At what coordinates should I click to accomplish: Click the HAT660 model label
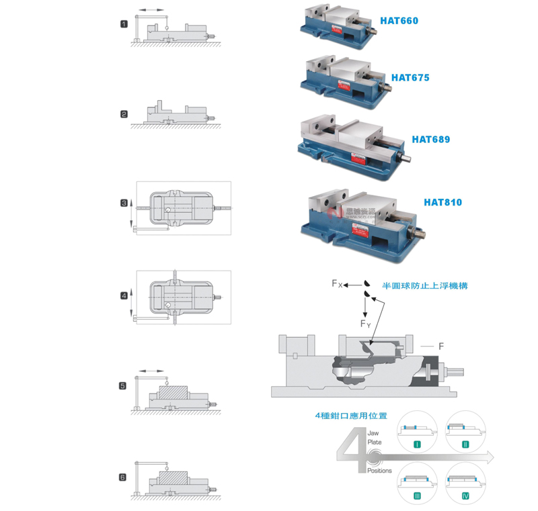click(x=399, y=21)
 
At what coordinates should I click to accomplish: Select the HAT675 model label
click(x=410, y=78)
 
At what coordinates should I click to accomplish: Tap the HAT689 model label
click(x=430, y=140)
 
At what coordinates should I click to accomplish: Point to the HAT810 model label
click(x=443, y=201)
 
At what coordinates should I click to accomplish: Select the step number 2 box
click(x=124, y=114)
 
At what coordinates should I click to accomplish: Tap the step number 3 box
click(x=124, y=203)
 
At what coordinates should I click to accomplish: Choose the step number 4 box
click(x=124, y=295)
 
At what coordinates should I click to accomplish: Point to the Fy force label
click(x=365, y=324)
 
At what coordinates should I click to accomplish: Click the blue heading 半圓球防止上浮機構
click(x=425, y=285)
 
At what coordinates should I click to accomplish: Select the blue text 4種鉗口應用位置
click(x=351, y=416)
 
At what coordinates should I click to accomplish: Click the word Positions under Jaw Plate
click(x=379, y=471)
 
